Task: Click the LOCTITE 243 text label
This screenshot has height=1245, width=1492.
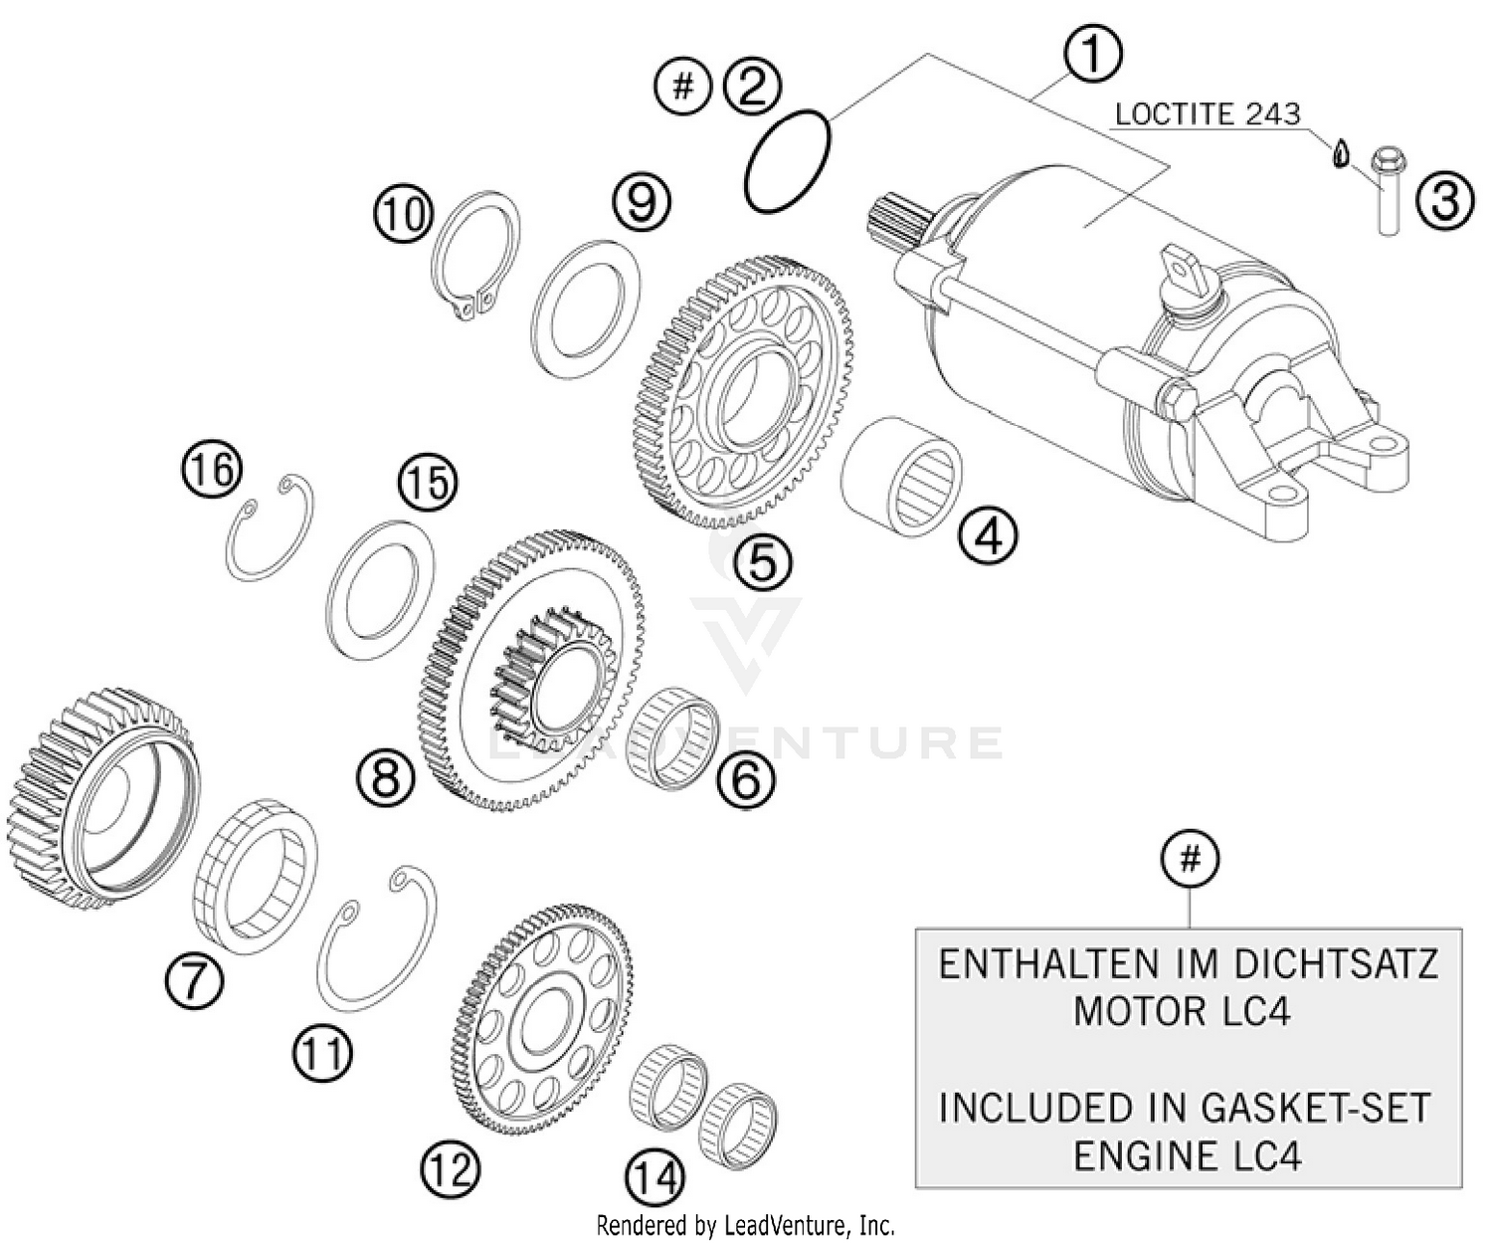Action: point(1207,113)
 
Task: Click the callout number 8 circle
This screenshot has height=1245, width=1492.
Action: point(386,776)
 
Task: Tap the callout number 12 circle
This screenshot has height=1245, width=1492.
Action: point(450,1169)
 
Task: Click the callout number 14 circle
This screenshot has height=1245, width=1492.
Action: point(656,1179)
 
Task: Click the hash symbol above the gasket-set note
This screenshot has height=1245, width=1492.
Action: point(1190,858)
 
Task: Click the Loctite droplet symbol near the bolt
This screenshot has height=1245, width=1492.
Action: point(1341,153)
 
